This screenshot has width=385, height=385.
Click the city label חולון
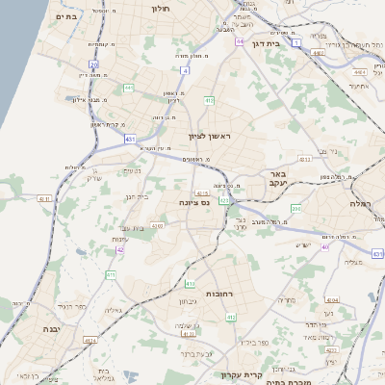[160, 8]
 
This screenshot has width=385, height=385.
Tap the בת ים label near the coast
[65, 16]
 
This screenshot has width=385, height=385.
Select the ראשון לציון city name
[211, 137]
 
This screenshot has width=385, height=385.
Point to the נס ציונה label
[194, 203]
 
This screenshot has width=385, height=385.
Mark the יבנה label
[50, 328]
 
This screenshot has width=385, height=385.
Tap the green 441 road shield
[128, 88]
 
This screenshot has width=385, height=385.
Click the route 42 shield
[120, 250]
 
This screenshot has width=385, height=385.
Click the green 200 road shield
[295, 208]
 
